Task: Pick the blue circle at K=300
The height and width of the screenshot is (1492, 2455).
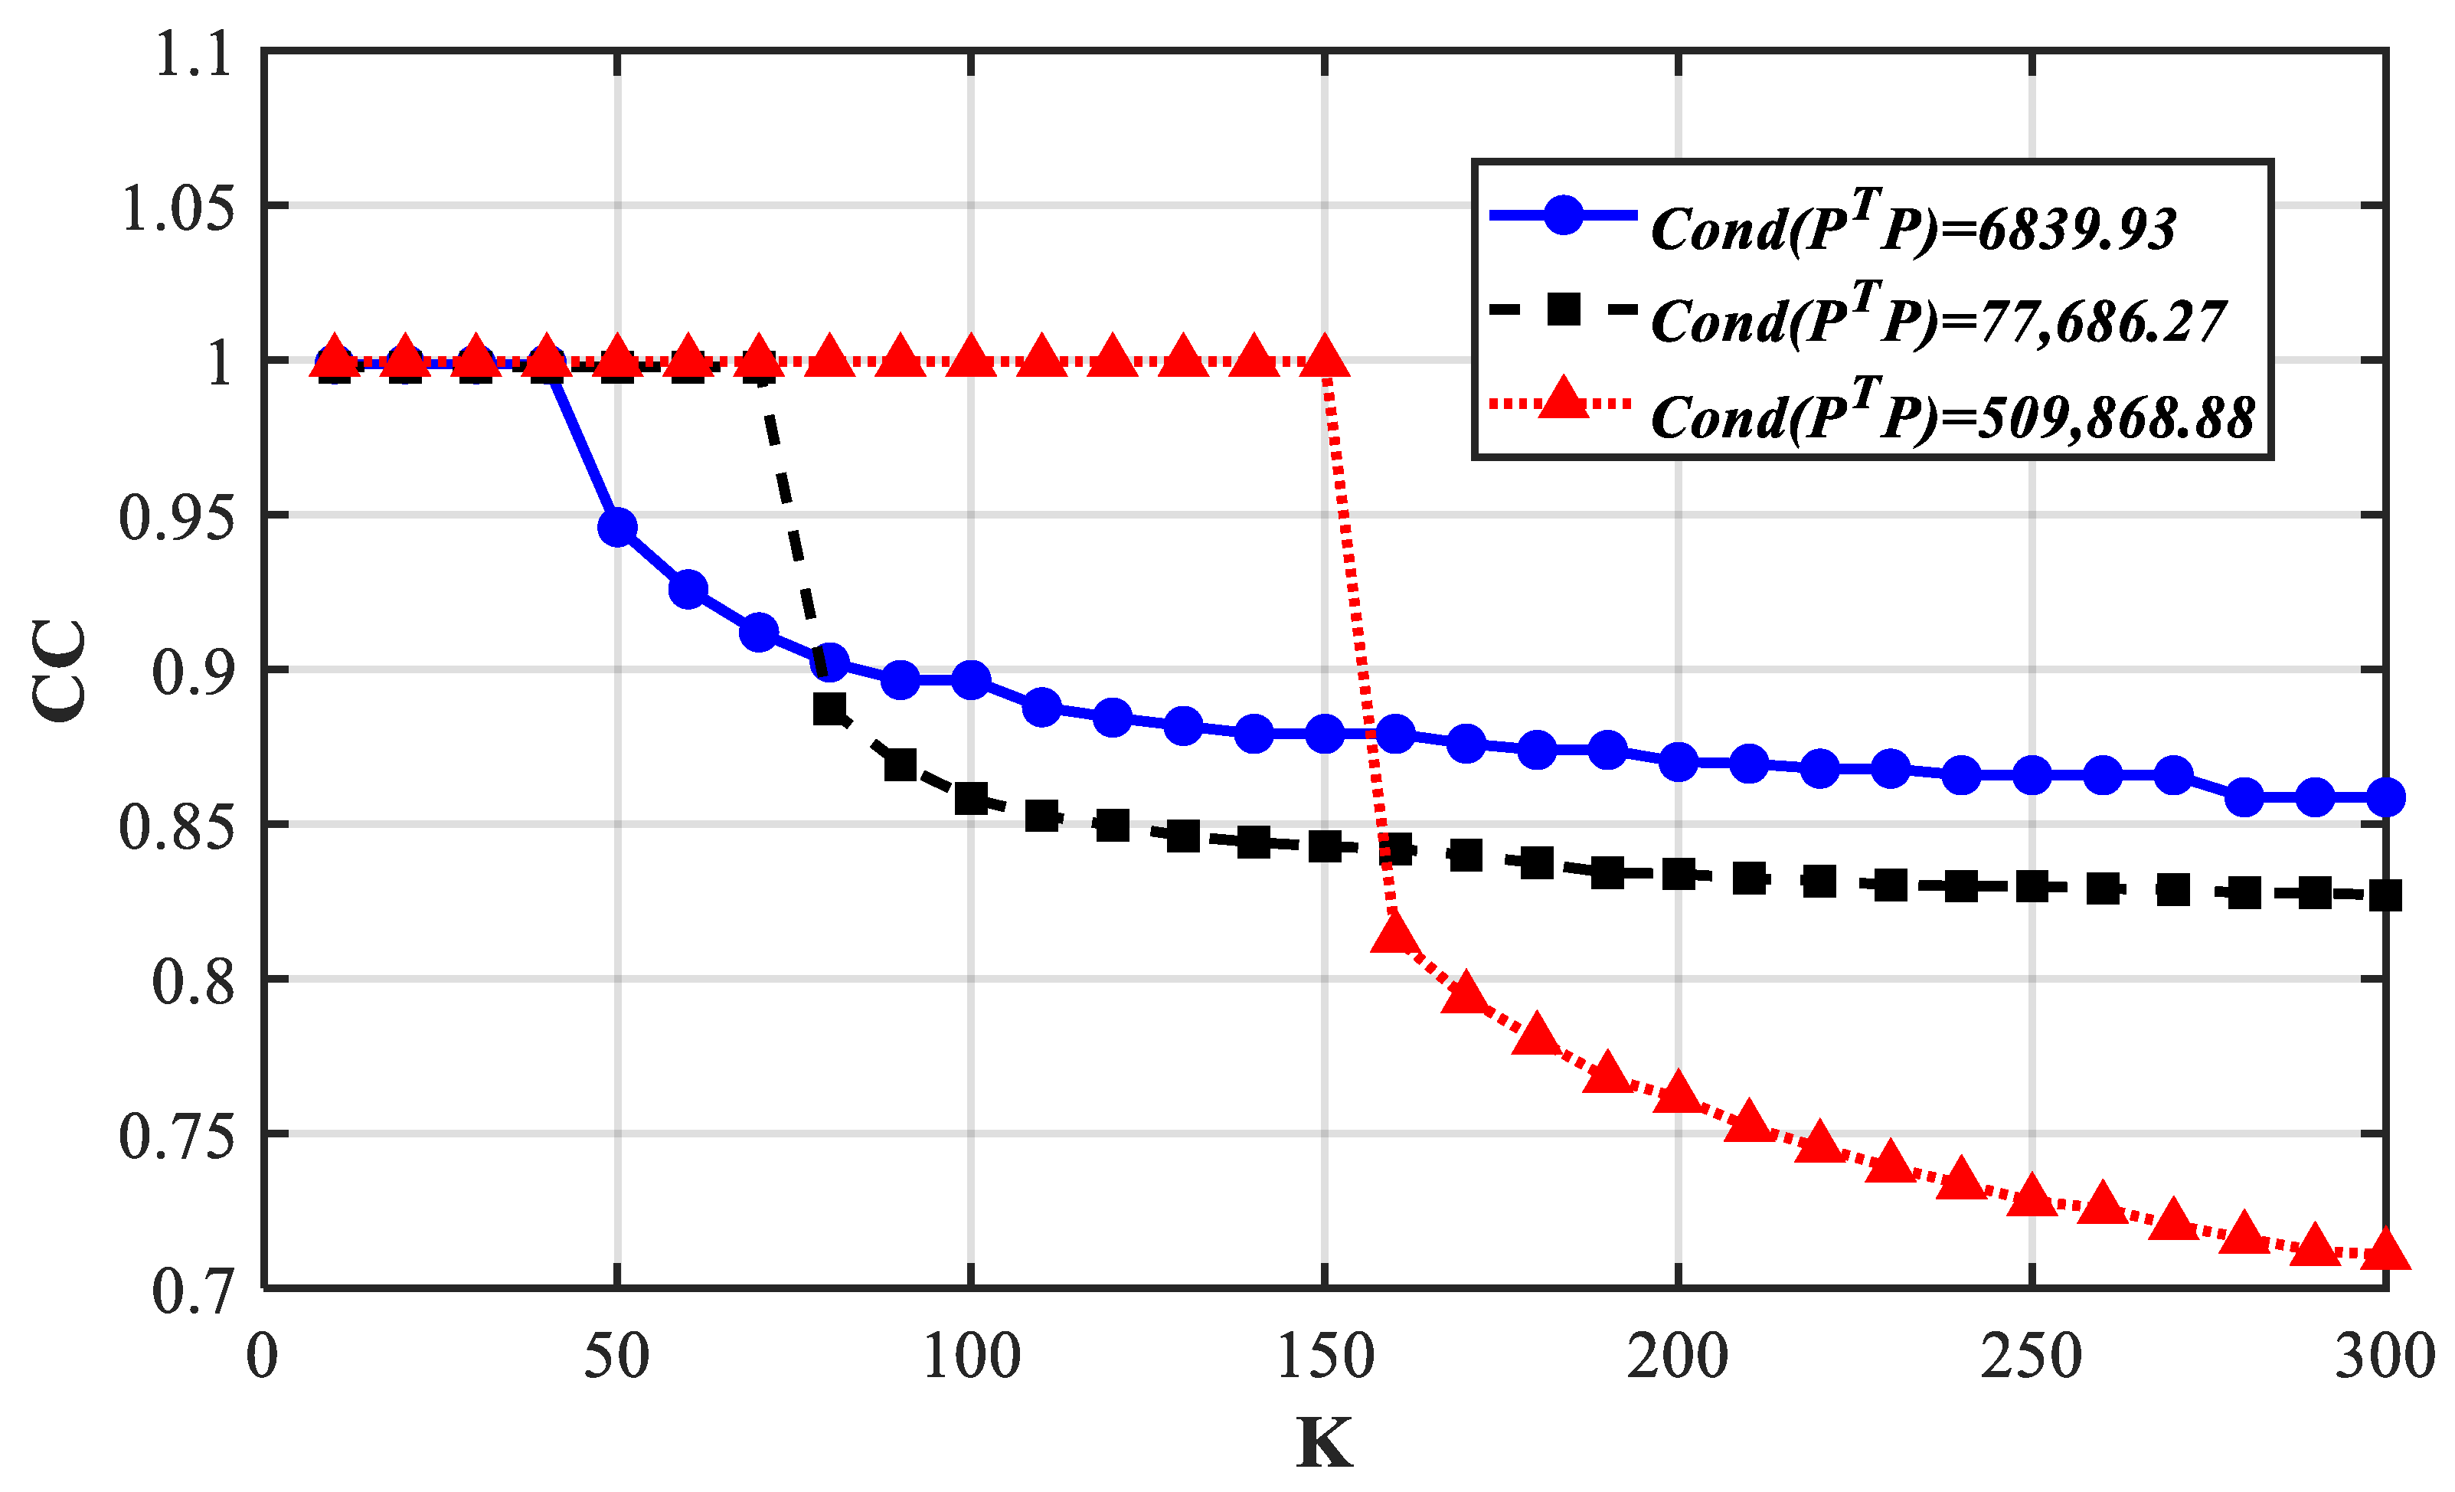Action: click(x=2386, y=797)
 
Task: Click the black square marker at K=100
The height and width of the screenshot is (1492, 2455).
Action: click(x=972, y=798)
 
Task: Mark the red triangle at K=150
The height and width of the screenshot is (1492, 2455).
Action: click(x=1326, y=357)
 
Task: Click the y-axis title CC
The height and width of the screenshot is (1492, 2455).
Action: click(x=60, y=669)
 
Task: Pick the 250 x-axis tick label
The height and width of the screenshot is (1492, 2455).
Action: click(x=2032, y=1356)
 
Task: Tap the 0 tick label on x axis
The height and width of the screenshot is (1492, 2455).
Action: click(x=262, y=1356)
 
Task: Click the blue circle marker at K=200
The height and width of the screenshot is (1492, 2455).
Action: click(x=1679, y=762)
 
